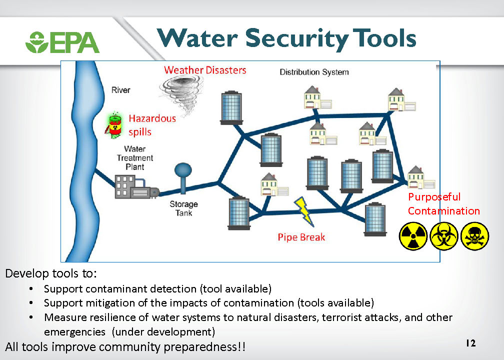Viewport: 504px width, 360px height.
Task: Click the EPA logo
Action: [x=62, y=42]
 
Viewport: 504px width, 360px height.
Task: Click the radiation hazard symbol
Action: [x=413, y=236]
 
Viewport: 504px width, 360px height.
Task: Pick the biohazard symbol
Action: [x=443, y=236]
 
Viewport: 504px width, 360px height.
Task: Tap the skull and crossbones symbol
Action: [x=474, y=236]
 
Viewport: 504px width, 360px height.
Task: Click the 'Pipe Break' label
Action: [x=301, y=237]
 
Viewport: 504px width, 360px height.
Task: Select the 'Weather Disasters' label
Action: [x=205, y=70]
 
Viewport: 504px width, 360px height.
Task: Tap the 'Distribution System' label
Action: [x=314, y=72]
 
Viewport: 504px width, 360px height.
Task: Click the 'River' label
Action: [x=120, y=90]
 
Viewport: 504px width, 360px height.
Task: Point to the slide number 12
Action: [x=470, y=343]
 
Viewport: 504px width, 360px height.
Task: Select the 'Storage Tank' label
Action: [x=183, y=208]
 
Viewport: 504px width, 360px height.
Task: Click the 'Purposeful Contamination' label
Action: [x=443, y=204]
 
